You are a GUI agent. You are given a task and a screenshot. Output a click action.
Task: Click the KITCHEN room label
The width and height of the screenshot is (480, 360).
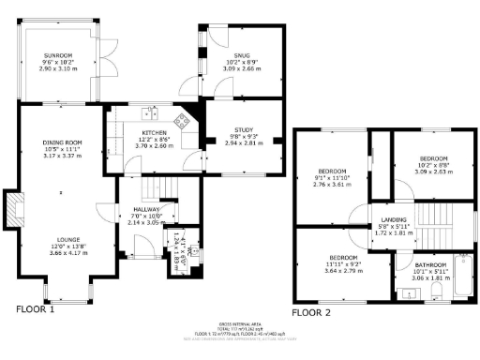point(154,132)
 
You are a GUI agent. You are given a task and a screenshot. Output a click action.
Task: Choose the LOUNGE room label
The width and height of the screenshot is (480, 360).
point(62,239)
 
